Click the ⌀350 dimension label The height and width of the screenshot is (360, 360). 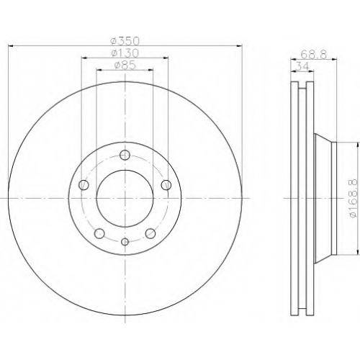(x=125, y=41)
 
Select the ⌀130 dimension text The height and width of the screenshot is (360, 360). (x=125, y=53)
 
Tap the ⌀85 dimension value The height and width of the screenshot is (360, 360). (x=125, y=66)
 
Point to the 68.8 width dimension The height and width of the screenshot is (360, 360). (x=314, y=55)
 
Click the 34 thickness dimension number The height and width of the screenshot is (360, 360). (x=302, y=66)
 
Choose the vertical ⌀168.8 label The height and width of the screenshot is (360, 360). (x=354, y=198)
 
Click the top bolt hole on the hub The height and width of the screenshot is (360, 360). (x=125, y=155)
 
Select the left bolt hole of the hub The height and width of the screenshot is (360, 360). (x=84, y=185)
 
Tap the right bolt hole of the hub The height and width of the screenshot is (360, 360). (x=166, y=185)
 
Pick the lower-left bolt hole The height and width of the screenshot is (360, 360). (x=99, y=233)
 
